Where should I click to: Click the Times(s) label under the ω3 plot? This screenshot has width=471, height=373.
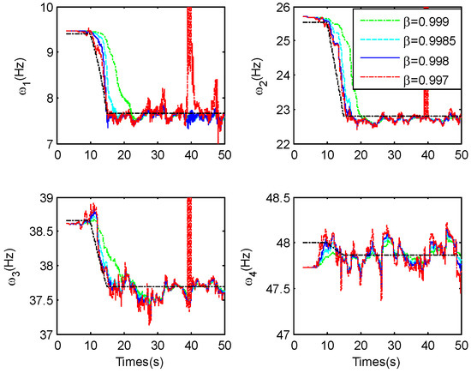(141, 364)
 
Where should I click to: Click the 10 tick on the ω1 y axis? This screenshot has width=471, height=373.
(44, 8)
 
